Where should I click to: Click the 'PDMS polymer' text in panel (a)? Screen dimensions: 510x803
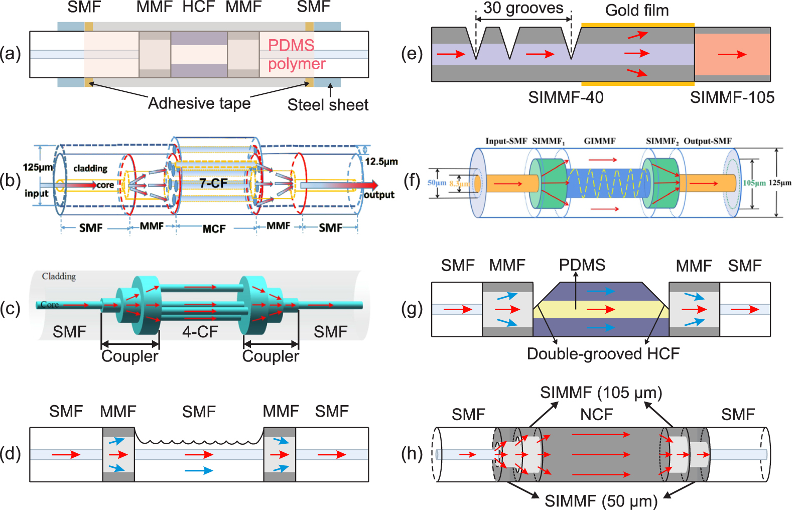tap(296, 54)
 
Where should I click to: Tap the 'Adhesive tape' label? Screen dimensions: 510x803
tap(199, 103)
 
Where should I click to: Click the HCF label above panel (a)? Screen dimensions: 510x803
tap(198, 7)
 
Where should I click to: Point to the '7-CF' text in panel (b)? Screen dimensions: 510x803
tap(213, 183)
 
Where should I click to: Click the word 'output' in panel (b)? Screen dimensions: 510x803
tap(379, 195)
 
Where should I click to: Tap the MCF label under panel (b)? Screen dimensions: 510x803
tap(214, 229)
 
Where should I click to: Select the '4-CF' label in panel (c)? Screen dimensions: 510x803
tap(200, 332)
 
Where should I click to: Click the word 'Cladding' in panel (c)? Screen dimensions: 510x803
tap(59, 277)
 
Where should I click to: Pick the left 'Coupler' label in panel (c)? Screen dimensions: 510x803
tap(129, 356)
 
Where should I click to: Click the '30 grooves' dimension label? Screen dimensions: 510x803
tap(523, 8)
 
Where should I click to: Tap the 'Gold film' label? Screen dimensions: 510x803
tap(636, 10)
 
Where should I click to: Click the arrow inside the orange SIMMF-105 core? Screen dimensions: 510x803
tap(732, 54)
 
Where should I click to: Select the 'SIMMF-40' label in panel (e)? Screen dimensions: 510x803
tap(566, 97)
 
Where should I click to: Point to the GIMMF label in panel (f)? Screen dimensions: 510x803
tap(599, 141)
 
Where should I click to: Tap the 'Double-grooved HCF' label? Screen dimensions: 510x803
tap(603, 353)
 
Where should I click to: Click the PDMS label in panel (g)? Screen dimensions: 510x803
tap(582, 265)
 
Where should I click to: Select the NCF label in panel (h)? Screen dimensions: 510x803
tap(596, 415)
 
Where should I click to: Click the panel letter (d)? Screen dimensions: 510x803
tap(10, 453)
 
